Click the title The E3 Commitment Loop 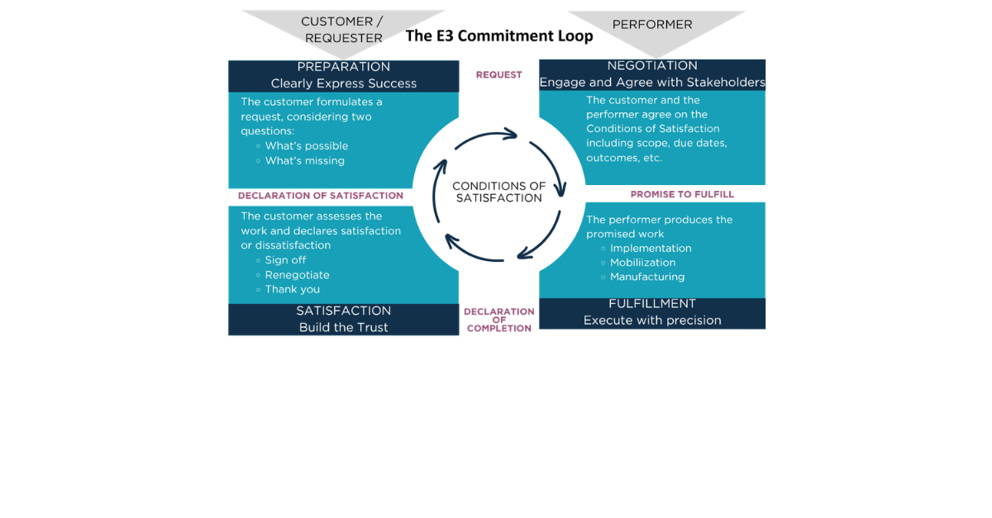(x=498, y=36)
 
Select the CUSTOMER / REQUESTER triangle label (x=342, y=30)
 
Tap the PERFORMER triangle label (x=652, y=25)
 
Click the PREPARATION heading (x=343, y=67)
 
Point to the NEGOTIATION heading (x=652, y=66)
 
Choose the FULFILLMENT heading (x=652, y=304)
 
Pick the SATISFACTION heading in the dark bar (x=343, y=311)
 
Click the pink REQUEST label (x=498, y=75)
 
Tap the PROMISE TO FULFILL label (x=682, y=195)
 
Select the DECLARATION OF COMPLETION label (x=498, y=320)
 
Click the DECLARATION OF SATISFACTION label (x=321, y=196)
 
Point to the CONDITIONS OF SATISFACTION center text (x=498, y=192)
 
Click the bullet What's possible (x=307, y=146)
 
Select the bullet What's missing (x=304, y=161)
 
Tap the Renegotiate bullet (x=297, y=275)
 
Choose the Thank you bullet (x=292, y=290)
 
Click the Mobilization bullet (x=642, y=263)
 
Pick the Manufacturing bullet (x=647, y=278)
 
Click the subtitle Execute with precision (x=652, y=321)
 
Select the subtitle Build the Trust (x=343, y=328)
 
